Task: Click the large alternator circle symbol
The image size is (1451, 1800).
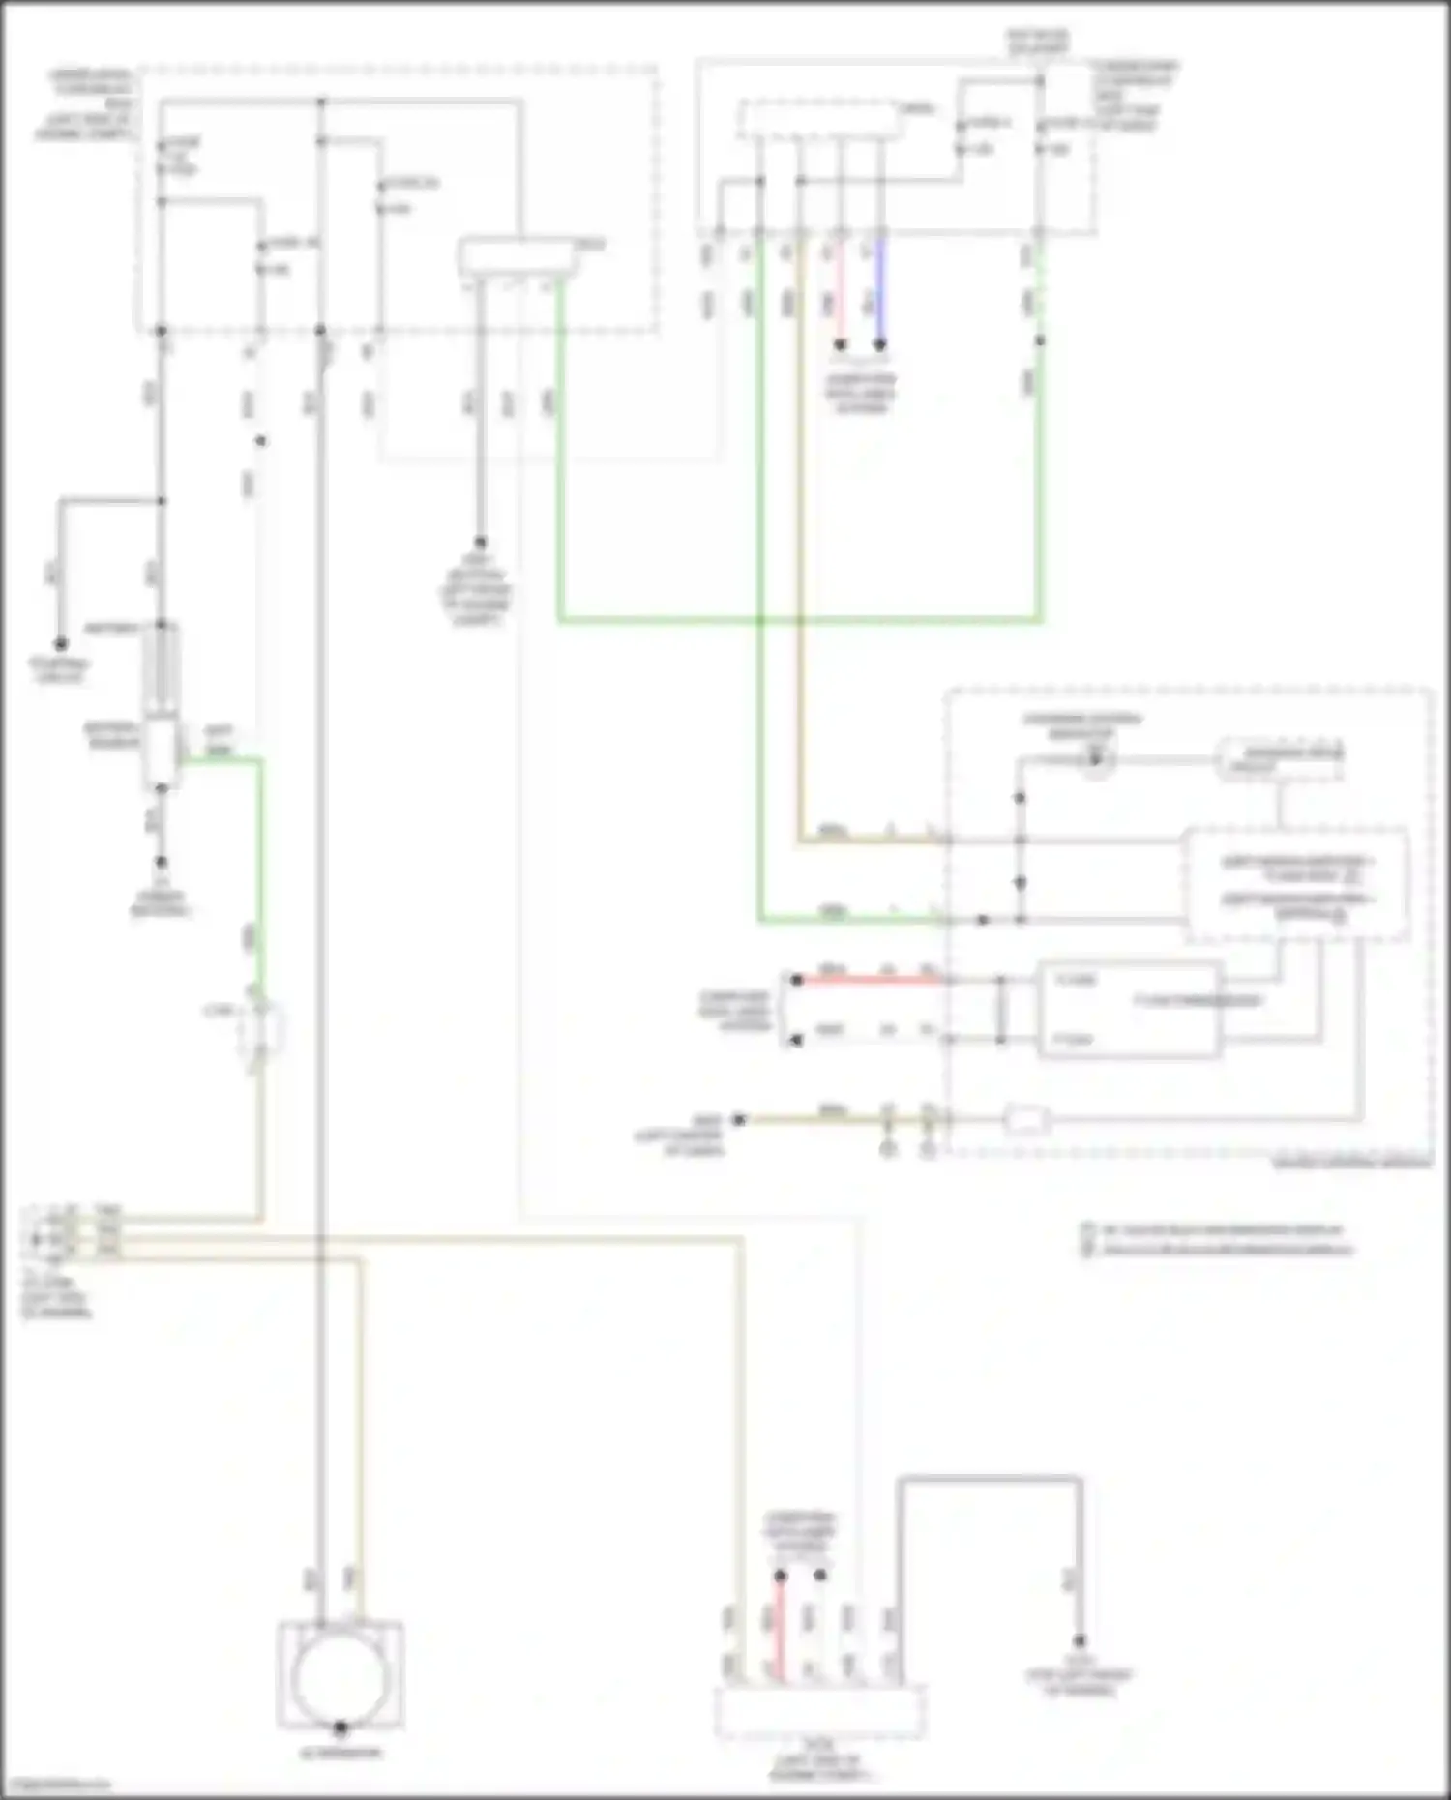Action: click(340, 1680)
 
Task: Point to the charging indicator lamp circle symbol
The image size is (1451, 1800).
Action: click(1095, 760)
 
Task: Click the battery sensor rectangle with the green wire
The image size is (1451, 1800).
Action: click(160, 752)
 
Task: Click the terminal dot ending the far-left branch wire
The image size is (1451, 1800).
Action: click(60, 643)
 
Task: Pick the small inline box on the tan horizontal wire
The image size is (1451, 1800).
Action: click(1026, 1120)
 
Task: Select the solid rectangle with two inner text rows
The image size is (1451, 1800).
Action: click(1129, 1009)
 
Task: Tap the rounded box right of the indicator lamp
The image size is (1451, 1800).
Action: click(1279, 759)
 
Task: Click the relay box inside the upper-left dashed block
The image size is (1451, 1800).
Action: click(518, 256)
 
